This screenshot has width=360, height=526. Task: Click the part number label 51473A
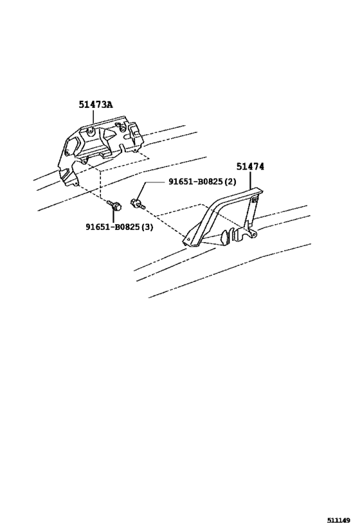click(x=96, y=105)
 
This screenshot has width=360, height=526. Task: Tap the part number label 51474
click(x=250, y=166)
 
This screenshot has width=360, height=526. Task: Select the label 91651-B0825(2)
click(x=202, y=182)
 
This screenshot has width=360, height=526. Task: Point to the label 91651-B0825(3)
click(x=119, y=227)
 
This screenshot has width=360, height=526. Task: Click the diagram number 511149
click(x=339, y=520)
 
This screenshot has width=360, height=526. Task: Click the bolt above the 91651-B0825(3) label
click(x=114, y=205)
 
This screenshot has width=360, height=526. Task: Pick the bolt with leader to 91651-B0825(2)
click(x=138, y=204)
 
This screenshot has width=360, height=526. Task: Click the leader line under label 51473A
click(x=93, y=116)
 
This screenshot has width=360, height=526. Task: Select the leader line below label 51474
click(x=250, y=179)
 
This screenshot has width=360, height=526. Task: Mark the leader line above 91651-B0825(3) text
click(x=113, y=216)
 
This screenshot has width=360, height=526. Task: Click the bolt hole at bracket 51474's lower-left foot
click(x=188, y=239)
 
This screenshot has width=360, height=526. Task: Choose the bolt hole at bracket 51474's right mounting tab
click(x=254, y=232)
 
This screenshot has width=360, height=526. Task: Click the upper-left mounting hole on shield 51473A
click(x=89, y=132)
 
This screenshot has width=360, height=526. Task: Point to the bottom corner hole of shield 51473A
click(x=76, y=184)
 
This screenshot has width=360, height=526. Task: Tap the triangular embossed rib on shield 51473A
click(x=109, y=135)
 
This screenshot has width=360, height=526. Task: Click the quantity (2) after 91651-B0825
click(x=230, y=182)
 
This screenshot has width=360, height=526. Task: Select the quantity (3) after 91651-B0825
click(x=147, y=227)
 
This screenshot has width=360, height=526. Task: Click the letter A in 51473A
click(x=110, y=105)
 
